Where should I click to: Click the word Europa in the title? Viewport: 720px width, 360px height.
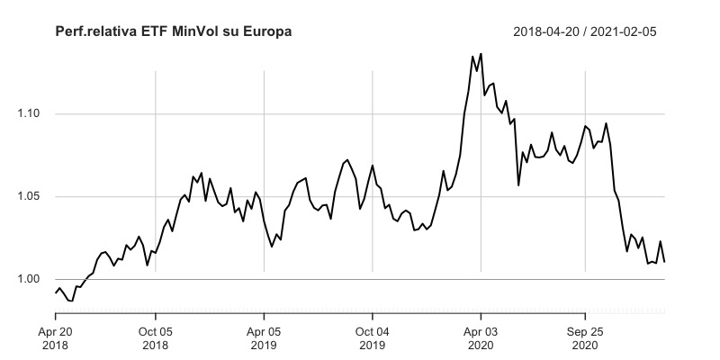click(x=268, y=32)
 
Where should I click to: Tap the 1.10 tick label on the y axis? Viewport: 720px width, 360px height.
click(x=30, y=114)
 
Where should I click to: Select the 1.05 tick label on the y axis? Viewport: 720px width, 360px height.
click(x=30, y=197)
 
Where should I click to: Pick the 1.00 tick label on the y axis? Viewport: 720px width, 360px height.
click(x=30, y=280)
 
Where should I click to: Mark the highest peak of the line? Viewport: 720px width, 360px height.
click(x=481, y=54)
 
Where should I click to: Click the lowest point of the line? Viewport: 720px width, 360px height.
click(x=72, y=301)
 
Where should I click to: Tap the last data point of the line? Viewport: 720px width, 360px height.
click(x=664, y=262)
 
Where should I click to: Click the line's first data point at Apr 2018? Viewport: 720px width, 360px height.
click(x=56, y=292)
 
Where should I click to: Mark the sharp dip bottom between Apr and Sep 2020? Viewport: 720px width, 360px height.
click(x=518, y=185)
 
